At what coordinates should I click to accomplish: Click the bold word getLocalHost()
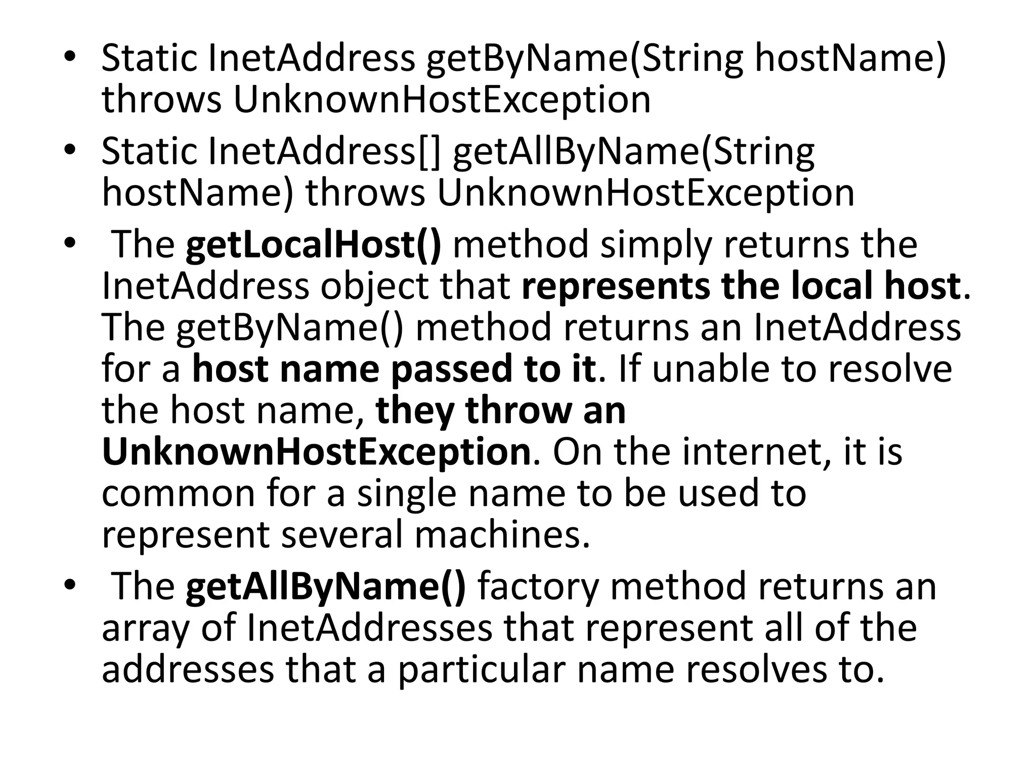coord(314,245)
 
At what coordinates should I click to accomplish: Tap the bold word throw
coord(519,411)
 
